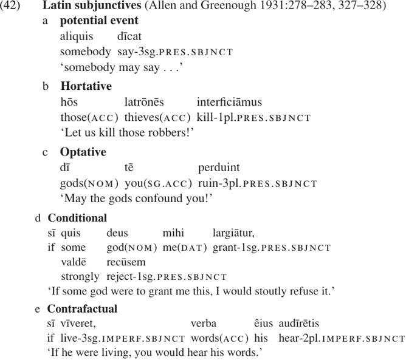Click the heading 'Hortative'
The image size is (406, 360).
point(86,86)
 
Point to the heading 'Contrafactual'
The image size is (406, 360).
point(82,309)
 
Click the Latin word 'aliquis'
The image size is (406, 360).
point(77,36)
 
